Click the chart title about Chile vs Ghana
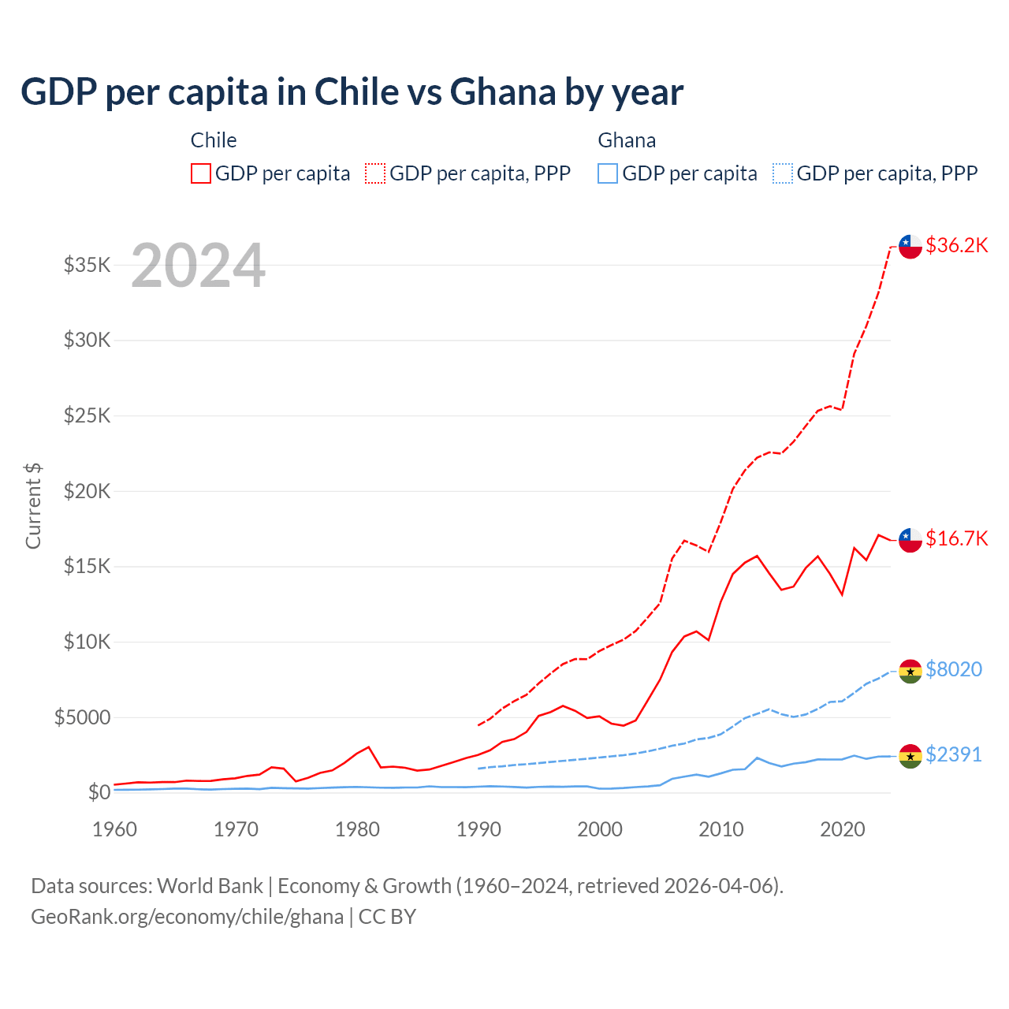[x=352, y=92]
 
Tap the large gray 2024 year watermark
[x=198, y=266]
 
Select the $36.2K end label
[x=956, y=245]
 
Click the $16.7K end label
[x=956, y=538]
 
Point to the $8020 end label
[x=954, y=669]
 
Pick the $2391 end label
[x=954, y=754]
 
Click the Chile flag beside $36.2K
[x=910, y=246]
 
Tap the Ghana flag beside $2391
[x=910, y=756]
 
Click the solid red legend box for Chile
[x=201, y=173]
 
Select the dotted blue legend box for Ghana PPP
[x=783, y=173]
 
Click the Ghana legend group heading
[x=627, y=140]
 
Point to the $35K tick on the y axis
[x=87, y=265]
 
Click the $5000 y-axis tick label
[x=82, y=717]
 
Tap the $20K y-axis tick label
[x=87, y=491]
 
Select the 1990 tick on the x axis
[x=478, y=829]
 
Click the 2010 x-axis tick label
[x=721, y=829]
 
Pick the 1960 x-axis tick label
[x=115, y=829]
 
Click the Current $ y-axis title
[x=33, y=506]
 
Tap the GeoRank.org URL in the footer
[x=187, y=917]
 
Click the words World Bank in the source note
[x=210, y=886]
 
